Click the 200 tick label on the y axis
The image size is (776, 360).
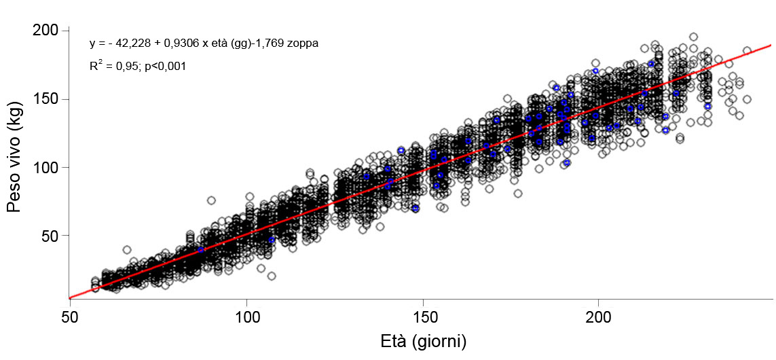[x=47, y=31]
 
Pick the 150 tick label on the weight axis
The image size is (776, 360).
[x=47, y=99]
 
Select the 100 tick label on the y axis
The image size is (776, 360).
[x=47, y=167]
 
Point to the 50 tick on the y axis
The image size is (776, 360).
[x=51, y=236]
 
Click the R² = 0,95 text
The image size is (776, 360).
[x=115, y=67]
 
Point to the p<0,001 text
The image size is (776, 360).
[x=165, y=67]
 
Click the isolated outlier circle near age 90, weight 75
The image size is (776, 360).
[x=211, y=200]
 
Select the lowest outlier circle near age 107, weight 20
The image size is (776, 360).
[x=272, y=276]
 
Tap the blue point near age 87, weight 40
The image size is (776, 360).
[x=201, y=249]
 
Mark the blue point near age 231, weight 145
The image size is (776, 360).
[x=707, y=107]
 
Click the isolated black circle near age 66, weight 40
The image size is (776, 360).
[x=127, y=250]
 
